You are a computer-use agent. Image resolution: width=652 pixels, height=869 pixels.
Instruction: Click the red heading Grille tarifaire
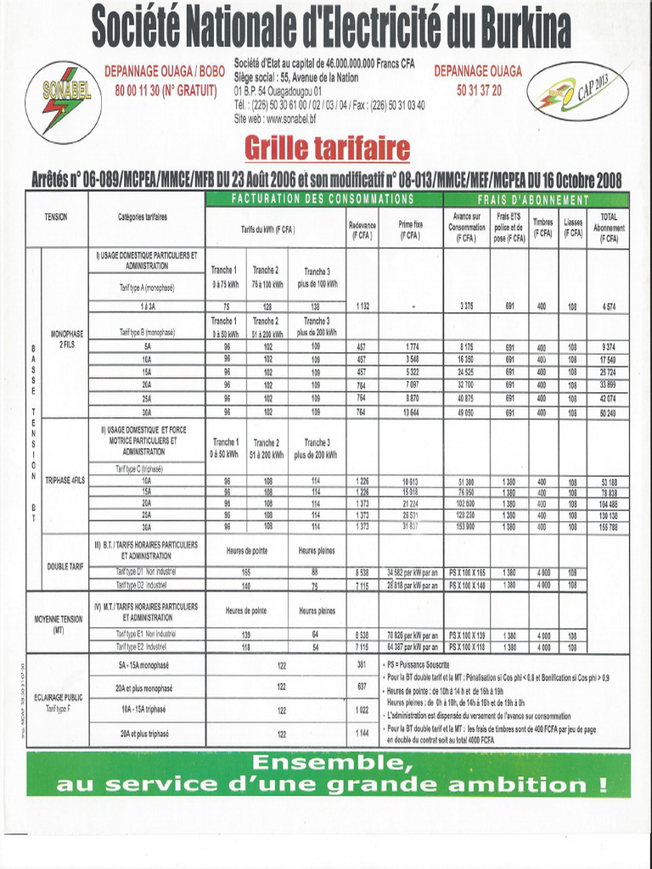(327, 149)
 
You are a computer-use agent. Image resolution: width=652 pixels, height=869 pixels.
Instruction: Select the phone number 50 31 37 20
(479, 89)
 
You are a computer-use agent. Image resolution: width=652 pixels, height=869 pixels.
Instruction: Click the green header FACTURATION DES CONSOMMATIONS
(323, 199)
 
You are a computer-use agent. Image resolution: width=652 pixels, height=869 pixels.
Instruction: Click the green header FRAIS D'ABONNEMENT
(537, 199)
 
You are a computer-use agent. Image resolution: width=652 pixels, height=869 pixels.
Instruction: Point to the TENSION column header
(56, 217)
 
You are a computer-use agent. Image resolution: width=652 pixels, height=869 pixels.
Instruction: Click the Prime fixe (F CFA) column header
(410, 229)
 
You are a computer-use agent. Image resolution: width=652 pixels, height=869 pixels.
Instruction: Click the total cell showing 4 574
(608, 306)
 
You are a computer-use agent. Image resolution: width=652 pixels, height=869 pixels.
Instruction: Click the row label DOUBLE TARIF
(65, 566)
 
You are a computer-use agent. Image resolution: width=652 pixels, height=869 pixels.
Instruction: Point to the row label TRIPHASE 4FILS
(65, 480)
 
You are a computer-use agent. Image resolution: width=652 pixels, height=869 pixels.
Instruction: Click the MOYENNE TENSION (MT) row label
(58, 625)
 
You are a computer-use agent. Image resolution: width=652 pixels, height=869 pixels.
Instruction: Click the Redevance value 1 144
(362, 732)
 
